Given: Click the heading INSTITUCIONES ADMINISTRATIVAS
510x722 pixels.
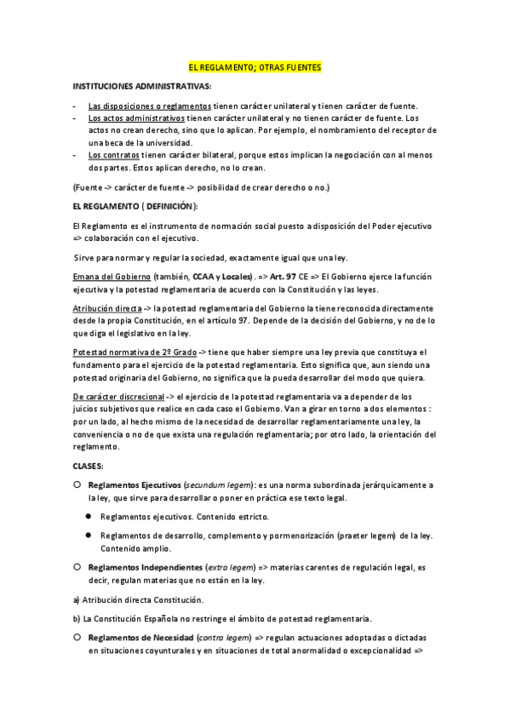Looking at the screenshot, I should tap(142, 86).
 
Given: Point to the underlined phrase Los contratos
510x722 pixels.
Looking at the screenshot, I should tap(113, 155).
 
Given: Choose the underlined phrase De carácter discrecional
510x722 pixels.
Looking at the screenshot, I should tap(118, 397).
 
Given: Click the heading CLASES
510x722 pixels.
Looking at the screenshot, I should tap(89, 466).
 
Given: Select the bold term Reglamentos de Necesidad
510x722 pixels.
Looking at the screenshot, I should tap(140, 637).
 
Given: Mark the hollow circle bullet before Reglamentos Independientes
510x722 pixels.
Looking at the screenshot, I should tap(77, 565).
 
